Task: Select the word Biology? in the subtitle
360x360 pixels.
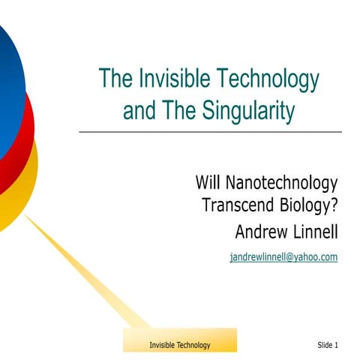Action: click(309, 203)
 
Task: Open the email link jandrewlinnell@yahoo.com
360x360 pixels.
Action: click(283, 256)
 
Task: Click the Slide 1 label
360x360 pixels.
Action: click(328, 345)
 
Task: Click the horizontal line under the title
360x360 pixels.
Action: click(210, 132)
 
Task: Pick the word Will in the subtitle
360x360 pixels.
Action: click(206, 182)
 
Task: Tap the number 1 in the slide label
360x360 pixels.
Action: click(337, 345)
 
